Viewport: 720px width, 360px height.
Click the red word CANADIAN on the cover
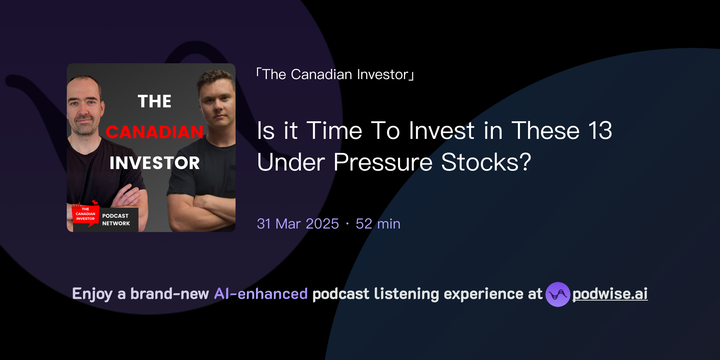[154, 132]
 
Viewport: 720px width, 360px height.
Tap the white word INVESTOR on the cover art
[154, 163]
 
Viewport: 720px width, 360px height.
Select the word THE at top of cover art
[154, 102]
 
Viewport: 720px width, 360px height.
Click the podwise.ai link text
[610, 294]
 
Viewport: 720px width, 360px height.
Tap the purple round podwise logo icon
[558, 294]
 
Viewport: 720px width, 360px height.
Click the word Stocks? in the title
[486, 162]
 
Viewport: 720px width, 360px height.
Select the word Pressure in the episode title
[383, 162]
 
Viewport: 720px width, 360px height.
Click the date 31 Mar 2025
[298, 224]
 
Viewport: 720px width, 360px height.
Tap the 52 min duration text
[378, 224]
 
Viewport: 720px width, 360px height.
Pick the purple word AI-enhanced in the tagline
[261, 294]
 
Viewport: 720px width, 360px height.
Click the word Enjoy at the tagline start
[92, 294]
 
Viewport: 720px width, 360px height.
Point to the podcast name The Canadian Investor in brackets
[335, 75]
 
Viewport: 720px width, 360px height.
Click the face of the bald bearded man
[84, 109]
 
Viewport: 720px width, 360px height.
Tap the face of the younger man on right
[217, 102]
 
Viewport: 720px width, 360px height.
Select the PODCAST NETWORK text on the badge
[116, 220]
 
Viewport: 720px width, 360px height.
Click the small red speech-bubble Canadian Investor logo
[85, 214]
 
